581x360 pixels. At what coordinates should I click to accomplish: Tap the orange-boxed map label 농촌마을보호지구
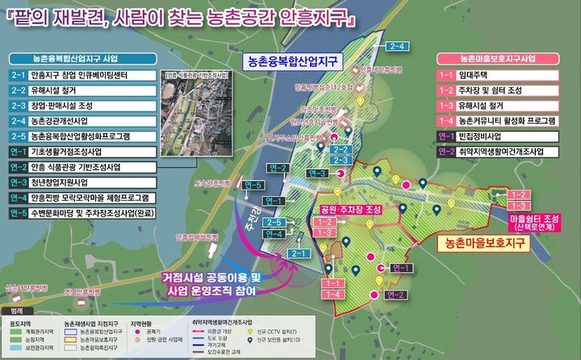(482, 241)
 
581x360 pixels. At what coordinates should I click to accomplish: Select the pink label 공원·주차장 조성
(353, 207)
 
